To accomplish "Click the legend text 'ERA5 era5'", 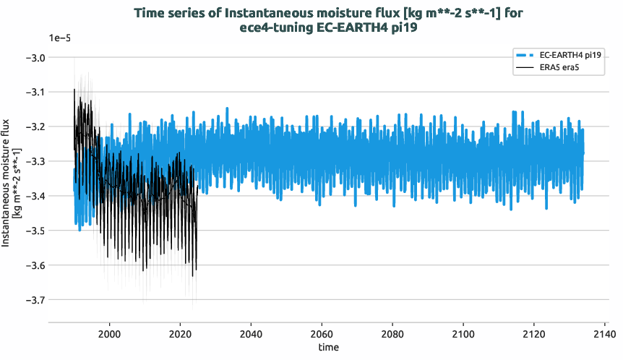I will (x=561, y=68).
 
